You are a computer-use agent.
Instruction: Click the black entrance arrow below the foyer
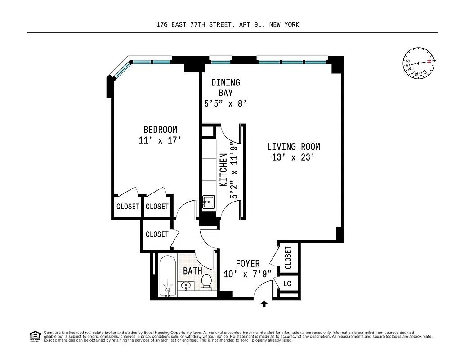[x=264, y=305]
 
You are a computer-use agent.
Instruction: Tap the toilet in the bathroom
[x=206, y=282]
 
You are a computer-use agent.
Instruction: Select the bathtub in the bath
[x=168, y=275]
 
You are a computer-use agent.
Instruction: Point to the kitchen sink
[x=208, y=202]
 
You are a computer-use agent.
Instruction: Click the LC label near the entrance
[x=287, y=283]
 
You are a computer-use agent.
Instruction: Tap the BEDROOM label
[x=160, y=130]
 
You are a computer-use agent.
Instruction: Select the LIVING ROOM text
[x=294, y=147]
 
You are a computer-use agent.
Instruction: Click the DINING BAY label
[x=225, y=88]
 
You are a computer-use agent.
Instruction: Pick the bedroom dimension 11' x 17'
[x=160, y=140]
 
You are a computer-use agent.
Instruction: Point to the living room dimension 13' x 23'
[x=294, y=157]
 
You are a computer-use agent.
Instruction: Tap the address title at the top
[x=228, y=25]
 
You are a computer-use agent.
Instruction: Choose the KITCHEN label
[x=223, y=170]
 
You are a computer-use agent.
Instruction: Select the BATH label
[x=192, y=271]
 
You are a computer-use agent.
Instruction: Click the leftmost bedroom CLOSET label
[x=128, y=207]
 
